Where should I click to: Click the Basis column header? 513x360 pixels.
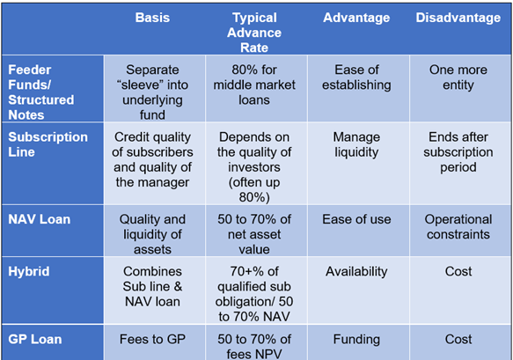tap(152, 18)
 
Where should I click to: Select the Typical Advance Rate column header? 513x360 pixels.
tap(254, 33)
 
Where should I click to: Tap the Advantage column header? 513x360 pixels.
tap(356, 18)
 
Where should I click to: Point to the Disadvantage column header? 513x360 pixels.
tap(458, 18)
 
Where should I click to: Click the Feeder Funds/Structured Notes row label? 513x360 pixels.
tap(41, 92)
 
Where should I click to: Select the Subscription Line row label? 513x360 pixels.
tap(48, 144)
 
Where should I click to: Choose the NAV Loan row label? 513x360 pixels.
tap(40, 219)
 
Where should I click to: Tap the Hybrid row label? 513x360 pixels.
tap(29, 271)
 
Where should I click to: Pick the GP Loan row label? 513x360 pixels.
tap(35, 340)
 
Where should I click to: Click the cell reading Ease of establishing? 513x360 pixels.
tap(356, 77)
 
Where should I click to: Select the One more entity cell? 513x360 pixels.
tap(458, 77)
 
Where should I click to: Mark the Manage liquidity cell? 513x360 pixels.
tap(356, 144)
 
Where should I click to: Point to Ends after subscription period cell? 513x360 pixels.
tap(458, 152)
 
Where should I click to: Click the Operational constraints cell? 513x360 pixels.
tap(458, 227)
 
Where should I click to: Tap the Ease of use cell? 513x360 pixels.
tap(356, 219)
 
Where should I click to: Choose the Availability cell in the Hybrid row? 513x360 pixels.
tap(356, 271)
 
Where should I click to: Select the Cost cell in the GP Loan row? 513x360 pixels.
tap(458, 340)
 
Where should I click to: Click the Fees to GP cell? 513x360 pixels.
tap(152, 340)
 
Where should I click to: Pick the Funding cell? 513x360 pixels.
tap(356, 340)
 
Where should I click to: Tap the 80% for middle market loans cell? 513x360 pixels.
tap(254, 84)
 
